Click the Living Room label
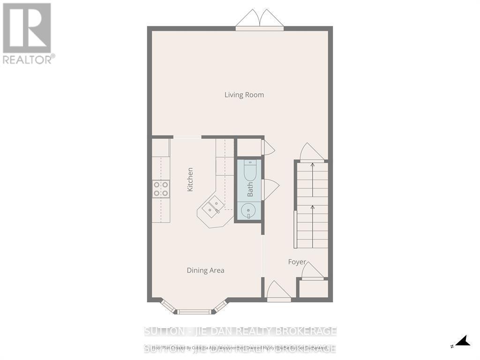[x=244, y=95]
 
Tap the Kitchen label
[x=190, y=179]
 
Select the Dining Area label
[x=205, y=270]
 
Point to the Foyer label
[x=297, y=262]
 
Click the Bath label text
[x=250, y=189]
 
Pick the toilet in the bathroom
[x=249, y=170]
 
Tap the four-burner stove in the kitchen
[x=161, y=189]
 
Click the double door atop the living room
[x=260, y=20]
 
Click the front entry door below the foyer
[x=278, y=292]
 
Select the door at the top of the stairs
[x=311, y=152]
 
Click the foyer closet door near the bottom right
[x=312, y=271]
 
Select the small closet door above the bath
[x=269, y=147]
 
